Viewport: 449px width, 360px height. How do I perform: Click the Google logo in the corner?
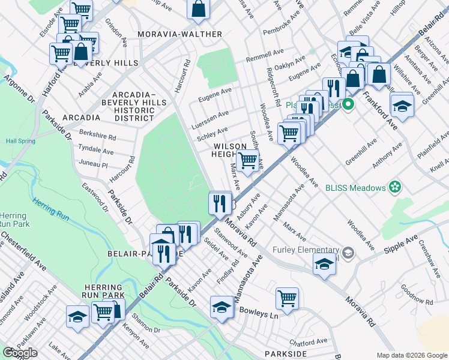click(x=20, y=353)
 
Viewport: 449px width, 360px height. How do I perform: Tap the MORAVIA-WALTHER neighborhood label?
click(x=180, y=34)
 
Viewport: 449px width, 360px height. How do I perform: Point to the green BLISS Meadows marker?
click(x=395, y=188)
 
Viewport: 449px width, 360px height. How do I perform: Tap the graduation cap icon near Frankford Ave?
click(x=402, y=106)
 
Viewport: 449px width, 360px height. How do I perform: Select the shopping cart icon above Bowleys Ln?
click(x=288, y=298)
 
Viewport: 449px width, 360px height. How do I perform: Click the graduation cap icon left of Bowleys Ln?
click(x=221, y=307)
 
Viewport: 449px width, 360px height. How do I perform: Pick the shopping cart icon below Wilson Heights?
click(x=247, y=160)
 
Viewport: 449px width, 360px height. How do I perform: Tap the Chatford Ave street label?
click(x=307, y=342)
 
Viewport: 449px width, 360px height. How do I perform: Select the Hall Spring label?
click(x=20, y=141)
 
